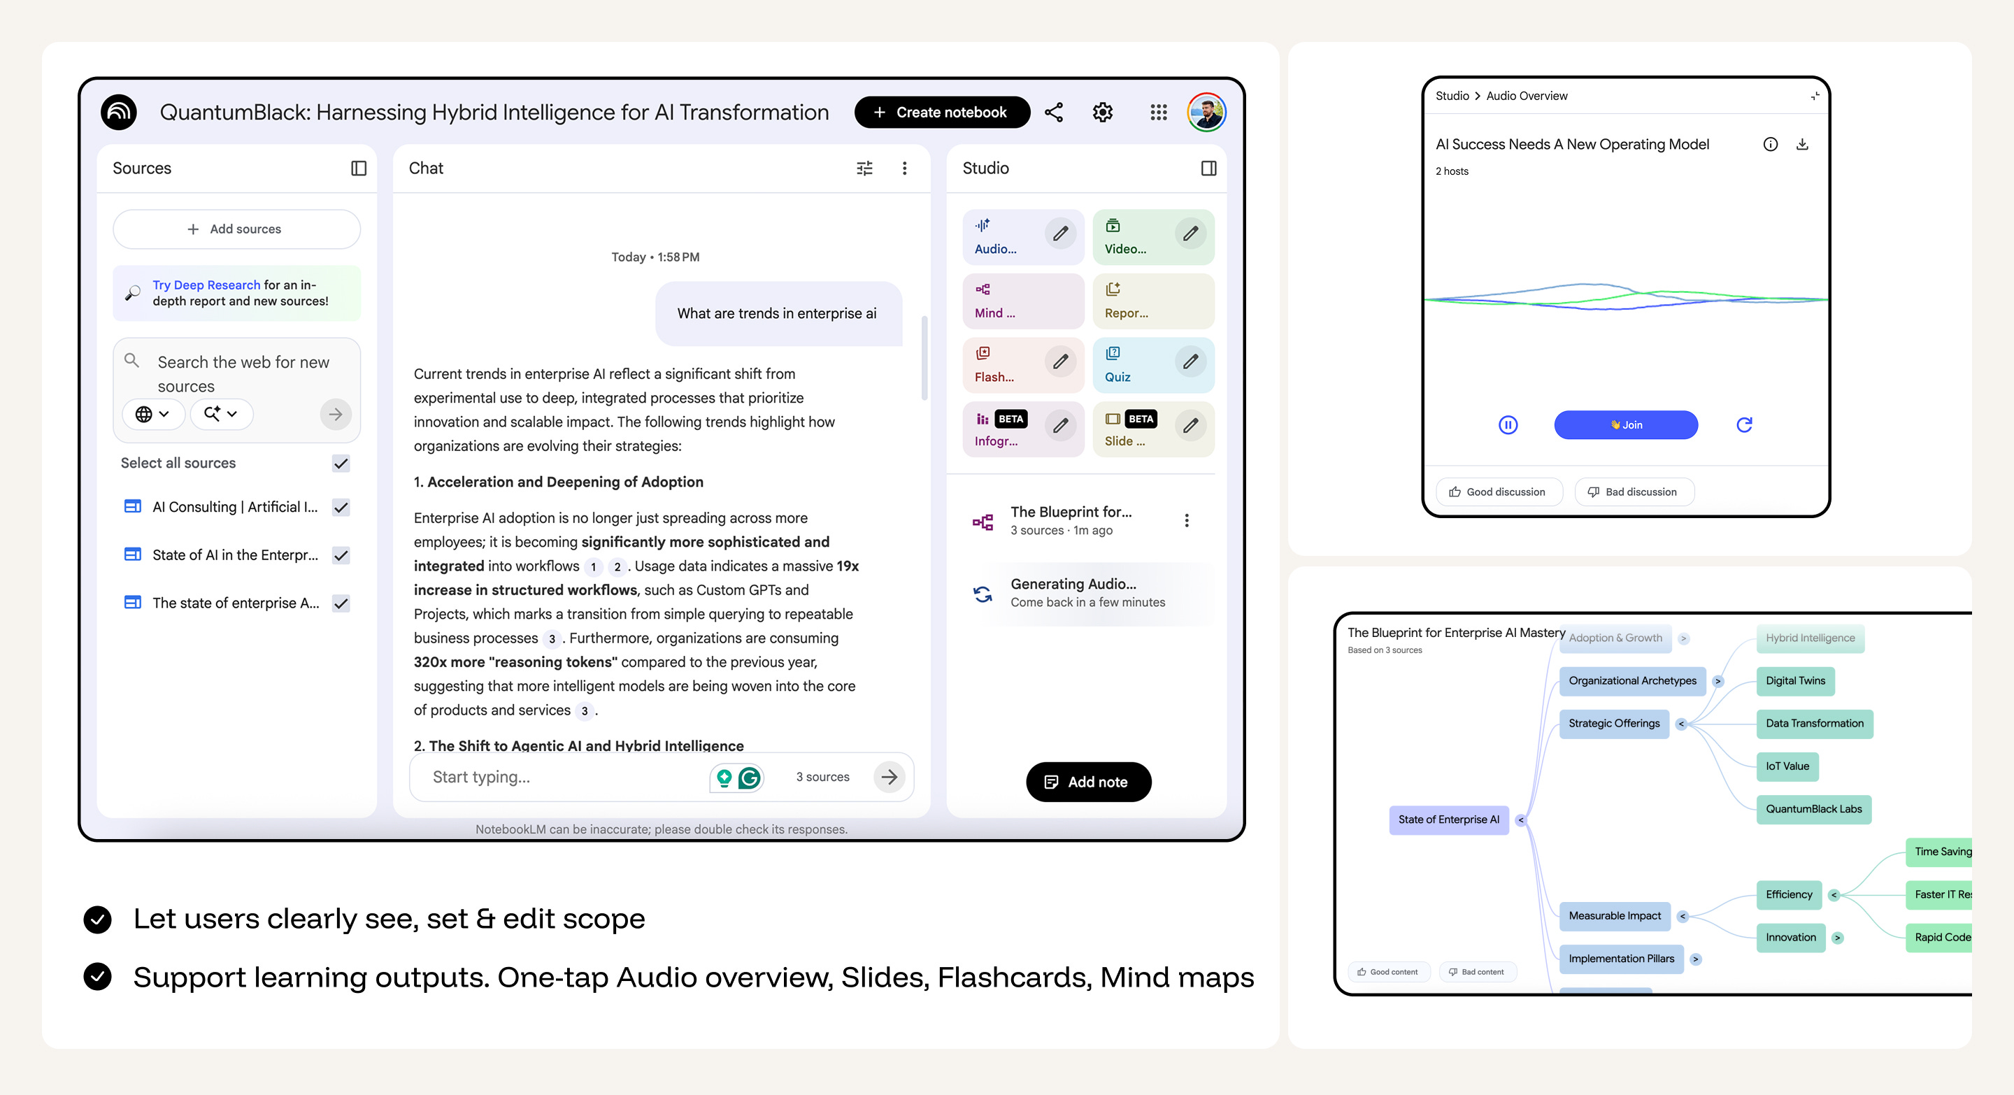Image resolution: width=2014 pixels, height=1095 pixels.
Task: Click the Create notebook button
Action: (x=941, y=113)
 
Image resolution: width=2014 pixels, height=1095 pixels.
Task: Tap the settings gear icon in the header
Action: (x=1102, y=113)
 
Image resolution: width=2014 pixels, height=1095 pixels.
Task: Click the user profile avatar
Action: (x=1206, y=113)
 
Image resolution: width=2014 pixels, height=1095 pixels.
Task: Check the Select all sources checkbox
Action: (x=341, y=464)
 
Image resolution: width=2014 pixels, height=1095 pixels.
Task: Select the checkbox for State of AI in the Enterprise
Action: (x=341, y=556)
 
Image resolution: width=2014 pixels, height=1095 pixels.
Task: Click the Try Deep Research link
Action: (x=206, y=285)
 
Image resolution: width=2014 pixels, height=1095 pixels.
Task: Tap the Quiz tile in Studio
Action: (x=1153, y=365)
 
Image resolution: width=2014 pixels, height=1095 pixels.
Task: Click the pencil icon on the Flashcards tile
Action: (x=1060, y=362)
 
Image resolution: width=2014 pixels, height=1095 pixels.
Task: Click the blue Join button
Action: (x=1625, y=425)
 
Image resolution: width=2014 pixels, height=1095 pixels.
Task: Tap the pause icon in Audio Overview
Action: (x=1508, y=425)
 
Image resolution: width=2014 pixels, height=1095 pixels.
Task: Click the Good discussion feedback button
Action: (x=1498, y=492)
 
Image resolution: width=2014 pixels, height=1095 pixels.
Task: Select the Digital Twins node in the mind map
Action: (x=1795, y=681)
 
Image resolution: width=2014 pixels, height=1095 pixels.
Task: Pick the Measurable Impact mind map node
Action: (x=1615, y=916)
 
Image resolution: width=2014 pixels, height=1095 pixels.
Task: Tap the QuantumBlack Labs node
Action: (x=1814, y=809)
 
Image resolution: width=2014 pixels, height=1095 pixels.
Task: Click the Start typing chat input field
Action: (x=563, y=778)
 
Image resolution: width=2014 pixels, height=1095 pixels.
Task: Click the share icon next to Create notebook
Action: (x=1054, y=113)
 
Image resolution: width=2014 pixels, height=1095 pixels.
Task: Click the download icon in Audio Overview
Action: (x=1802, y=145)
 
